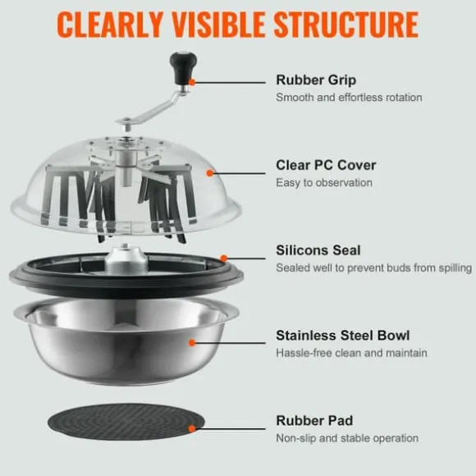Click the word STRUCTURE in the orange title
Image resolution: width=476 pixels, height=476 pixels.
click(x=346, y=25)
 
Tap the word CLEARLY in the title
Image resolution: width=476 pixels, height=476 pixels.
click(x=110, y=25)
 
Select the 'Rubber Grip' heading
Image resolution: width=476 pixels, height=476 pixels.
click(x=316, y=80)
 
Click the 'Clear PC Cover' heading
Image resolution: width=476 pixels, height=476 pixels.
click(x=326, y=166)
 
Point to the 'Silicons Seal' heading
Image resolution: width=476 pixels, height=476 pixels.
click(x=318, y=250)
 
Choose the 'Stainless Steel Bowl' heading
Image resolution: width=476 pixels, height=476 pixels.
click(x=343, y=336)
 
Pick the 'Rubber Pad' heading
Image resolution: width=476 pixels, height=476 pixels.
click(x=314, y=421)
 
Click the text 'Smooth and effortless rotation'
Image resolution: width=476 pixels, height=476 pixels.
click(x=349, y=98)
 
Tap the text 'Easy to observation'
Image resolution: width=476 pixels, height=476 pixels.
click(x=324, y=183)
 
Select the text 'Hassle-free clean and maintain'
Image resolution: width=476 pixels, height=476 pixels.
click(x=351, y=353)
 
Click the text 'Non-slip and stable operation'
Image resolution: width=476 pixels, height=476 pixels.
click(x=347, y=438)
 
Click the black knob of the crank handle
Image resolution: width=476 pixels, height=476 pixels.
click(x=183, y=68)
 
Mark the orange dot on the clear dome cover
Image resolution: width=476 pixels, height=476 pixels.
click(x=209, y=173)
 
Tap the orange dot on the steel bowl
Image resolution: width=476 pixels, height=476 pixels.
click(x=191, y=343)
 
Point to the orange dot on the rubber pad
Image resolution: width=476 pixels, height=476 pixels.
click(x=191, y=428)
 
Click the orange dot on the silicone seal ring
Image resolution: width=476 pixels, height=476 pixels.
click(x=224, y=259)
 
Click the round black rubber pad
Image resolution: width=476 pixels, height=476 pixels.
click(x=126, y=422)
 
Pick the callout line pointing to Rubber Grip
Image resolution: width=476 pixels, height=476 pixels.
click(x=229, y=82)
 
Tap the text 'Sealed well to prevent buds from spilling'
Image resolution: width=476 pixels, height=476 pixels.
click(x=373, y=268)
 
